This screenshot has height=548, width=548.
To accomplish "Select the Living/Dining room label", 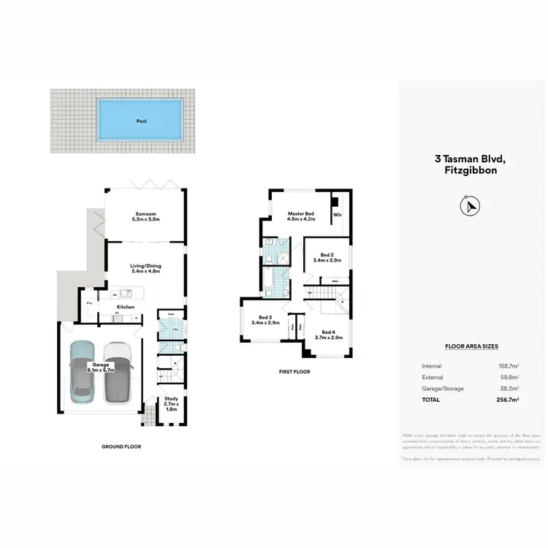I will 145,268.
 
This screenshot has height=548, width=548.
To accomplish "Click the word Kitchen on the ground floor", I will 126,308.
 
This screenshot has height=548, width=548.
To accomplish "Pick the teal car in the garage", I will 83,370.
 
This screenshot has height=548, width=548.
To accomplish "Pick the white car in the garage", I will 117,372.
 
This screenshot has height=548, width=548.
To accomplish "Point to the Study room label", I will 171,402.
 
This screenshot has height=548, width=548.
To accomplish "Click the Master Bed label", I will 300,216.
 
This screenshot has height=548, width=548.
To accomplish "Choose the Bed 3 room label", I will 262,320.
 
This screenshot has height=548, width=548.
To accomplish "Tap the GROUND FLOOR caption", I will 122,446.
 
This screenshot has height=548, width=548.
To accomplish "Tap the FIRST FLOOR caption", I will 294,372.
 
